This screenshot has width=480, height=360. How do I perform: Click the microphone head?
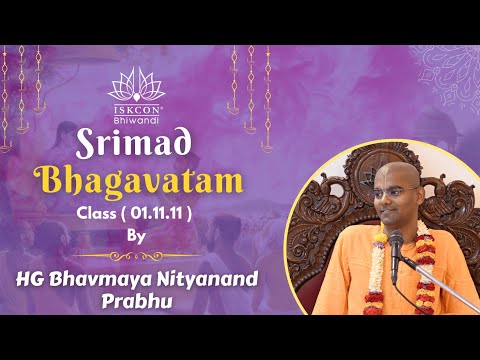396,241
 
